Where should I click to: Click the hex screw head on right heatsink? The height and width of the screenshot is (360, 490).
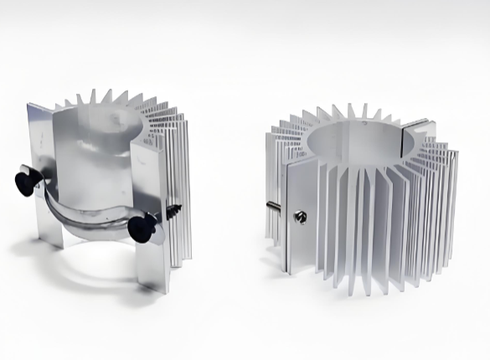(300, 217)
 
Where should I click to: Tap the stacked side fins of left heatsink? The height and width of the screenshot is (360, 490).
(176, 167)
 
